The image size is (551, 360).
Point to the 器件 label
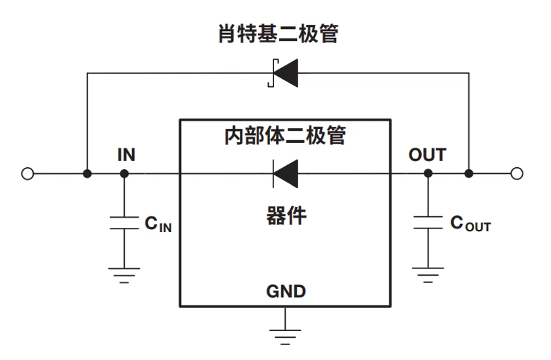(x=285, y=216)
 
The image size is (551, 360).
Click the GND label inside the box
(x=286, y=291)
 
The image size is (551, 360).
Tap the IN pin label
(x=126, y=155)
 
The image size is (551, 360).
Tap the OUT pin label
(x=427, y=155)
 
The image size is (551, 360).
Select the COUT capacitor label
(x=470, y=224)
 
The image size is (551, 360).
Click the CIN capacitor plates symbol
(x=124, y=224)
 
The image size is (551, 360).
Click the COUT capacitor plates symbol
(x=428, y=224)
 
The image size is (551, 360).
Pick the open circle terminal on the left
(x=27, y=173)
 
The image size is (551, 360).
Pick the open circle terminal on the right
(x=517, y=173)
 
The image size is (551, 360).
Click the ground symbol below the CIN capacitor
(x=124, y=275)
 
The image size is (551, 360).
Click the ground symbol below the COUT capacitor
(x=428, y=274)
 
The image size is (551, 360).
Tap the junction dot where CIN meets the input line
(x=124, y=173)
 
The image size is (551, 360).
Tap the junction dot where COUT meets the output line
(x=428, y=173)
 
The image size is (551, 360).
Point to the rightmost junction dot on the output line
(x=469, y=173)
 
